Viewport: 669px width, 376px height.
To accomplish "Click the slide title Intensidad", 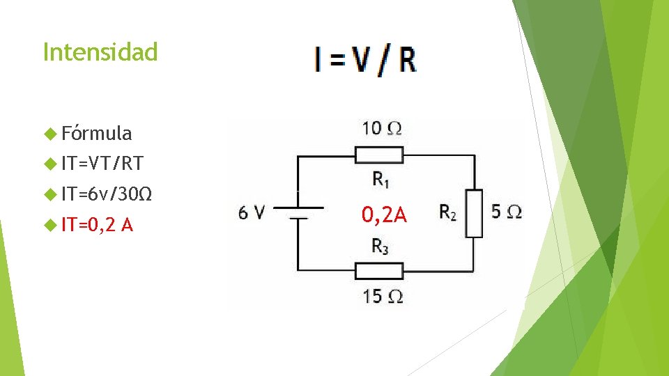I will pos(100,52).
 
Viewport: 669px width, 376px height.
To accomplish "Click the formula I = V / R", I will pos(365,60).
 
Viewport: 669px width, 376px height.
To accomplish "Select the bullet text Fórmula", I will pos(96,133).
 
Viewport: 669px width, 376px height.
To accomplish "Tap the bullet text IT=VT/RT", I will pos(102,164).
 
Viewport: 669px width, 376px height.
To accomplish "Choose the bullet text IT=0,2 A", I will pos(98,225).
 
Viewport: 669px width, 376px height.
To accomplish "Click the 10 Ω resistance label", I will pos(382,128).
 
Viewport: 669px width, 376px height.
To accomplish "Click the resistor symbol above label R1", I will pos(379,155).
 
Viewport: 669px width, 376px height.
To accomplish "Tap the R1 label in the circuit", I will pos(380,180).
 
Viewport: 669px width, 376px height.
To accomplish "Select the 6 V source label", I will pos(251,212).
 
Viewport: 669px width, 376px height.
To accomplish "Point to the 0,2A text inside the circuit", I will pos(384,214).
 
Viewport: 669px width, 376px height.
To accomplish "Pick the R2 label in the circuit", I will pos(448,212).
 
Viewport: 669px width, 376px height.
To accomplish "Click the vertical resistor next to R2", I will pos(475,213).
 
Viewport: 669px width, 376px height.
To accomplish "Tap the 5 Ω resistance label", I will pos(506,212).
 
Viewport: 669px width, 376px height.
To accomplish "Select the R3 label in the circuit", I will pos(380,245).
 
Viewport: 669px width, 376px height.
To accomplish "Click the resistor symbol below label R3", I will pos(379,269).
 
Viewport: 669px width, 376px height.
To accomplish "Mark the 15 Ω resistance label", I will pos(382,296).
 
